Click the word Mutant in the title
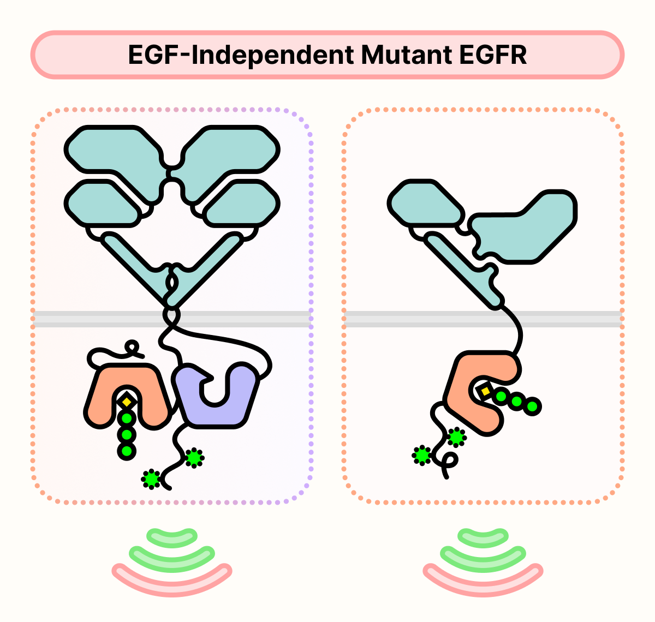pyautogui.click(x=406, y=55)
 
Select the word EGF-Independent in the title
pyautogui.click(x=241, y=55)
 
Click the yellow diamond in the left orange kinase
pyautogui.click(x=127, y=402)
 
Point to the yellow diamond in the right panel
pyautogui.click(x=485, y=391)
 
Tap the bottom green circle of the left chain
pyautogui.click(x=127, y=451)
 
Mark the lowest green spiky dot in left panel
pyautogui.click(x=151, y=479)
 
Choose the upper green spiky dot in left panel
pyautogui.click(x=194, y=458)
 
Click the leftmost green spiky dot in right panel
pyautogui.click(x=421, y=455)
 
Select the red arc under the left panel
pyautogui.click(x=172, y=578)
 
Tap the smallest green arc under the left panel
pyautogui.click(x=172, y=536)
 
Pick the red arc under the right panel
pyautogui.click(x=483, y=578)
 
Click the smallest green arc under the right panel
pyautogui.click(x=483, y=536)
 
